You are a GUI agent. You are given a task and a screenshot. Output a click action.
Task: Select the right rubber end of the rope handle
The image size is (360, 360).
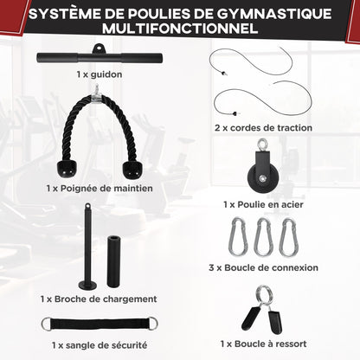click(132, 166)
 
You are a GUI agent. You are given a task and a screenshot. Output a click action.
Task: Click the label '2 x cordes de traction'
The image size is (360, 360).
click(262, 128)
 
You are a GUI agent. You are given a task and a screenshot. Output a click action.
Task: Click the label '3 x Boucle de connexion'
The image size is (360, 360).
click(264, 268)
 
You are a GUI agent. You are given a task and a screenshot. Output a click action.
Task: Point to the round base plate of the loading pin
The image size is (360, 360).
click(87, 286)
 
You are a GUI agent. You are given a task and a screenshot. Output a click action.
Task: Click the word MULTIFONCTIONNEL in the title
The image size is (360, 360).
click(180, 29)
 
